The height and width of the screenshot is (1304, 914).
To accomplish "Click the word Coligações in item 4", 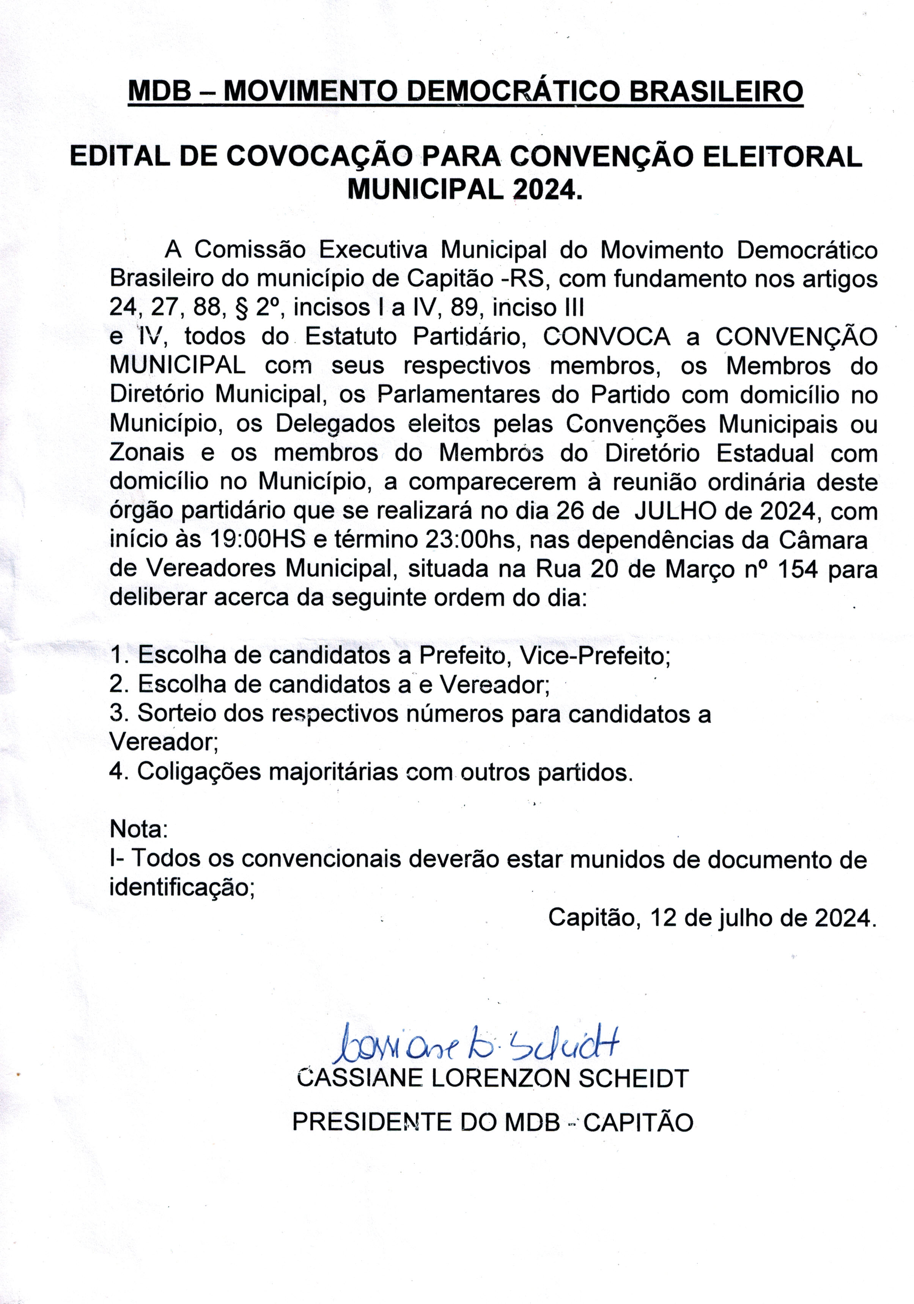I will tap(197, 772).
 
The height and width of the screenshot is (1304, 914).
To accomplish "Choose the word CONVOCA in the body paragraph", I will tap(606, 337).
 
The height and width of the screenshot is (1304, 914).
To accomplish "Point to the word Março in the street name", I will tap(699, 569).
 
